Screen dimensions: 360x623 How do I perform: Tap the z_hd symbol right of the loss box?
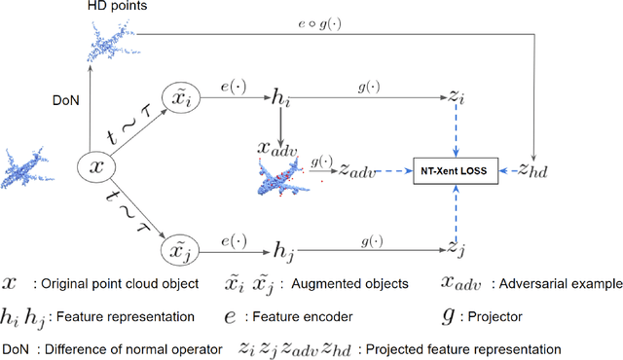coord(533,172)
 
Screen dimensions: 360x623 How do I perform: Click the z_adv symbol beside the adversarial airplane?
coord(356,172)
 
